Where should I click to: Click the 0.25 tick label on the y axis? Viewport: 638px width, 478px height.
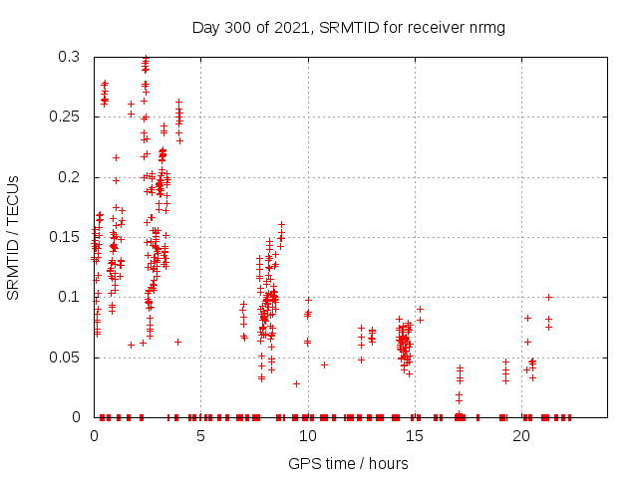click(x=69, y=118)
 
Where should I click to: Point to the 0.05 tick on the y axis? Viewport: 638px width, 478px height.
click(x=69, y=357)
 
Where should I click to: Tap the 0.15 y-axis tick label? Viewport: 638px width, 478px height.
click(x=69, y=237)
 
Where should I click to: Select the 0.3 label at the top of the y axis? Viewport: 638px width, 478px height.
click(x=73, y=58)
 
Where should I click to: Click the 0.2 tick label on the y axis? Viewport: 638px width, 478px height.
click(x=73, y=177)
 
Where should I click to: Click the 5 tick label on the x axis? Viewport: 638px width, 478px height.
click(x=200, y=436)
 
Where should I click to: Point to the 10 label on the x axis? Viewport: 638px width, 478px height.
click(x=307, y=436)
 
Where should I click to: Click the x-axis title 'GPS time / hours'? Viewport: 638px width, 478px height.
click(x=348, y=463)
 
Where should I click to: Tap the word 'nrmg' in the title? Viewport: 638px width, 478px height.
click(x=486, y=27)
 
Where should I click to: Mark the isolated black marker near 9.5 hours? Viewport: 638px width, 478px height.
click(x=296, y=383)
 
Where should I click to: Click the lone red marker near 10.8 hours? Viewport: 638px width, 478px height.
click(x=324, y=364)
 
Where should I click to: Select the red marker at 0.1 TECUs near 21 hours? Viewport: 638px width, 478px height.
click(x=548, y=297)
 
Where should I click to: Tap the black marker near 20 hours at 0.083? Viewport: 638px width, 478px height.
click(x=527, y=318)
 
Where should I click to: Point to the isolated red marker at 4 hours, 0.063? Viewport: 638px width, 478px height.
click(x=177, y=342)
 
